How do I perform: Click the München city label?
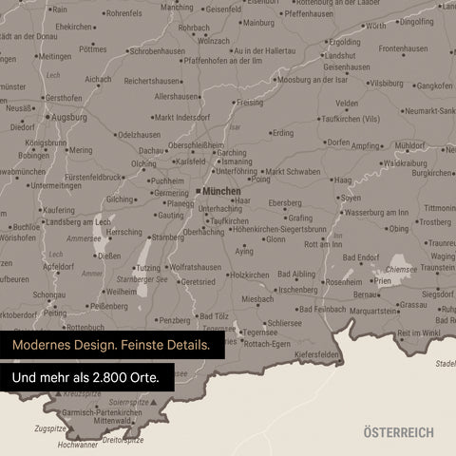tap(221, 191)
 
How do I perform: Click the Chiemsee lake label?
tap(401, 269)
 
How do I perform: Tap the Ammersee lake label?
tap(84, 239)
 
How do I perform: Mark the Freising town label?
tap(250, 102)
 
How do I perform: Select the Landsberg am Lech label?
tap(77, 221)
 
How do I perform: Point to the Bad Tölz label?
tap(213, 316)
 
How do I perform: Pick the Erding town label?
tap(282, 133)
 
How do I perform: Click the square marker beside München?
tap(198, 191)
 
